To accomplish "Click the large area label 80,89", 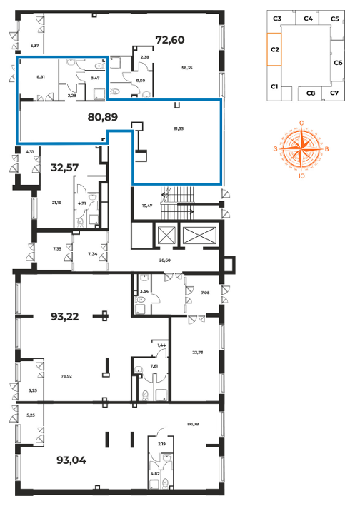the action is tap(103, 117).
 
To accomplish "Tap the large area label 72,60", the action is tap(170, 40).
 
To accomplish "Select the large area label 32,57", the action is tap(65, 168).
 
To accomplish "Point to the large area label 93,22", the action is tap(65, 317).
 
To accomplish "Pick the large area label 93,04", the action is tap(71, 460).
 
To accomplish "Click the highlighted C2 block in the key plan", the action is tap(274, 49).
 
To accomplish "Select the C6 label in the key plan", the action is tap(338, 63).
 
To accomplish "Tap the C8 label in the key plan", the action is tap(311, 93).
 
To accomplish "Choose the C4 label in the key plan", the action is tap(308, 19).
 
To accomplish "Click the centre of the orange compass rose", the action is tap(301, 149).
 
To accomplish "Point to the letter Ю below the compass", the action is tap(301, 176).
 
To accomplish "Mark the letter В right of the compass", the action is tap(326, 149).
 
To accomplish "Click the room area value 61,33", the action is tap(179, 128).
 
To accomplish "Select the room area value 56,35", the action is tap(186, 68).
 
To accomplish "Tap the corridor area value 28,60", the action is tap(165, 260).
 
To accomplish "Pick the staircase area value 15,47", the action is tap(147, 206).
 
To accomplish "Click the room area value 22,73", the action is tap(198, 353).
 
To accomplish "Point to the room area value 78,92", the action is tap(66, 376).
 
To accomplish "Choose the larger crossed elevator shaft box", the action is tap(199, 236).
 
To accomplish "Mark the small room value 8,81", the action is tap(41, 77).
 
